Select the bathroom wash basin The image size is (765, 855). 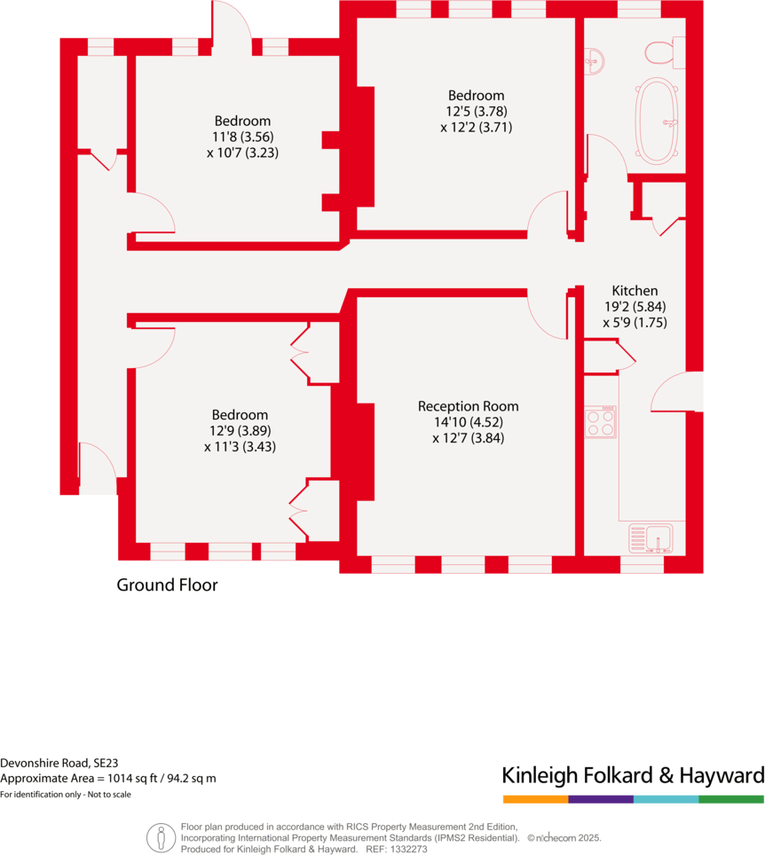coord(595,61)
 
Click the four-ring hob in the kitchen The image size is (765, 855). coord(602,422)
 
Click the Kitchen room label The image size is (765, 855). coord(635,291)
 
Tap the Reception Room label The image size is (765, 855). coord(469,406)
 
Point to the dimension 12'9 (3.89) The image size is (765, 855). coord(240,431)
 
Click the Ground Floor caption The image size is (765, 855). coord(167,585)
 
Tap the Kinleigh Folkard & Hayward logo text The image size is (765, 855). coord(633,776)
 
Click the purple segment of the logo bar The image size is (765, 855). coord(601,799)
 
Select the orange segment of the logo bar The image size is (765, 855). coord(535,799)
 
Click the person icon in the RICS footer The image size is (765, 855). coord(161,836)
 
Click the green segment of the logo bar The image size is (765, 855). coord(731,799)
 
